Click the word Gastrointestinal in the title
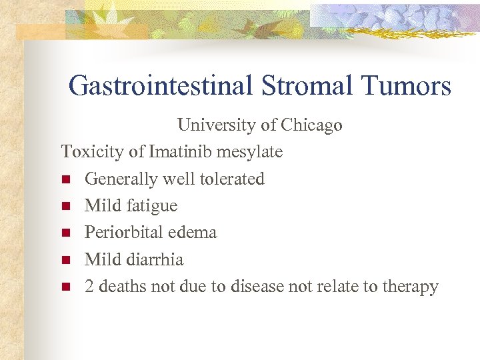point(160,86)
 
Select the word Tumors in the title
point(407,86)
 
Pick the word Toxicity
point(93,152)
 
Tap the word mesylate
point(249,152)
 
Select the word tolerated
point(236,179)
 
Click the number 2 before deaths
point(89,287)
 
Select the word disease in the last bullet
point(257,287)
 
